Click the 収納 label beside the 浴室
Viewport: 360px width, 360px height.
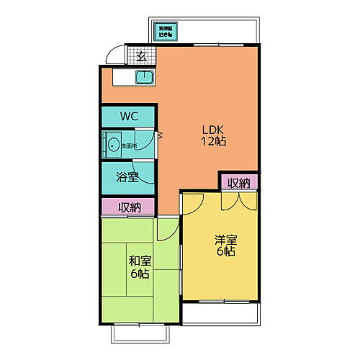pyautogui.click(x=128, y=207)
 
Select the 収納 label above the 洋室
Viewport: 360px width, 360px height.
pyautogui.click(x=239, y=183)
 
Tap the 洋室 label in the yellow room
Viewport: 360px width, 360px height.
pyautogui.click(x=225, y=240)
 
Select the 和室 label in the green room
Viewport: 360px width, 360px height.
pyautogui.click(x=139, y=261)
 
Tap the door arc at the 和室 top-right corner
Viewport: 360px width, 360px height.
pyautogui.click(x=166, y=229)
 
